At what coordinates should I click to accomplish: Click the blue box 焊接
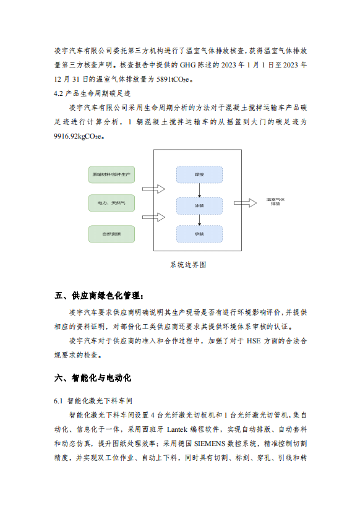(x=199, y=174)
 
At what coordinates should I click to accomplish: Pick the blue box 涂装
(x=199, y=205)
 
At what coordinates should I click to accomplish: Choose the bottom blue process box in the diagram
(x=199, y=234)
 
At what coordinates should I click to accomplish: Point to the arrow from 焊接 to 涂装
(x=199, y=190)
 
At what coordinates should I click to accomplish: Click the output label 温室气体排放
(x=274, y=202)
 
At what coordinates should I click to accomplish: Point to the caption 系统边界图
(x=187, y=264)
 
